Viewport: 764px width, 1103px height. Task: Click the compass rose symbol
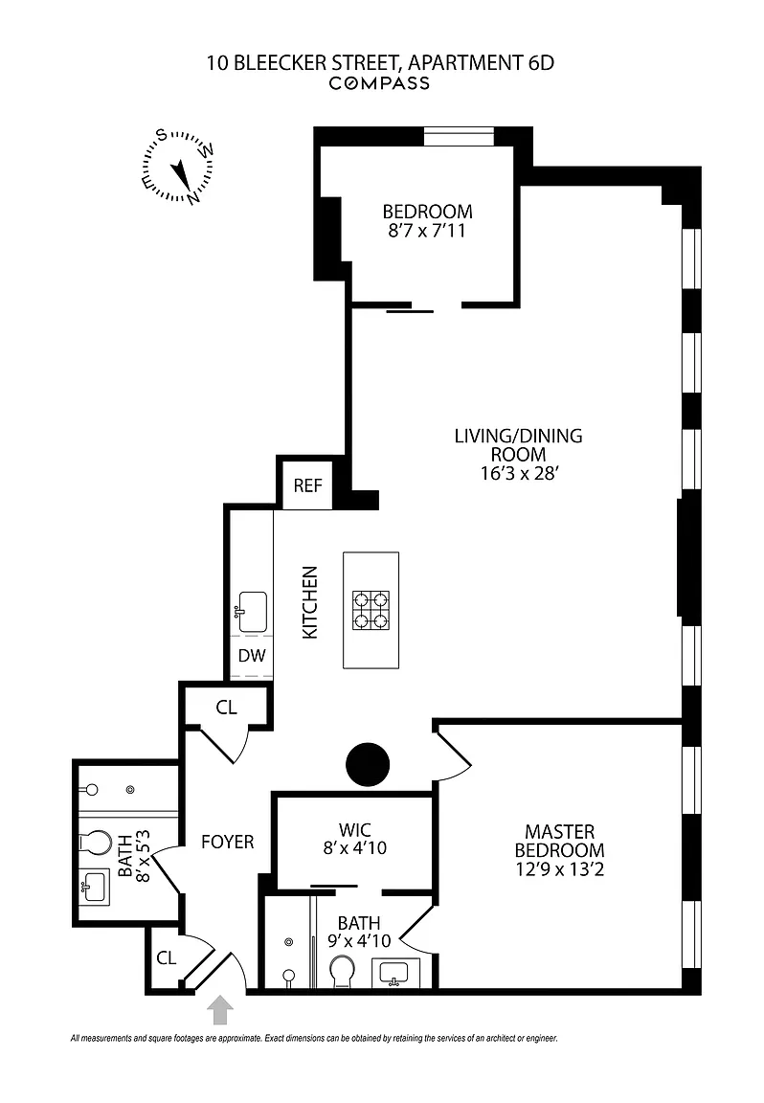pos(179,169)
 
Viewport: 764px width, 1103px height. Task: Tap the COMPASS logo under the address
pos(380,83)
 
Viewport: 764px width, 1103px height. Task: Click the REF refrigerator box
pos(307,485)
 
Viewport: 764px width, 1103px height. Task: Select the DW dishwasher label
pos(252,657)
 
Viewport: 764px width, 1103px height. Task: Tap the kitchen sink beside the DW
pos(252,607)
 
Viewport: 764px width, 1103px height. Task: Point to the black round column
pos(369,764)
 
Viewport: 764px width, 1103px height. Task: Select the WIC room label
pos(354,829)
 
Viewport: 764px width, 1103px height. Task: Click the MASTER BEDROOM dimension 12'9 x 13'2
pos(559,869)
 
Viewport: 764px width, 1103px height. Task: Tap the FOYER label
pos(228,843)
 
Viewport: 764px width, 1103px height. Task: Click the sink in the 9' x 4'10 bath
pos(394,974)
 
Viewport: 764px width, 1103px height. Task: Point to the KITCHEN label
pos(310,603)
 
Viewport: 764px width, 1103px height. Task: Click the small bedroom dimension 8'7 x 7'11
pos(427,231)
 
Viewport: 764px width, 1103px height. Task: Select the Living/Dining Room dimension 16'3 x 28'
pos(518,473)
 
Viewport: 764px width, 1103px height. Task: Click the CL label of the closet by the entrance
pos(166,957)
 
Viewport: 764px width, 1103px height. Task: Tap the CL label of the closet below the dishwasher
pos(226,708)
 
